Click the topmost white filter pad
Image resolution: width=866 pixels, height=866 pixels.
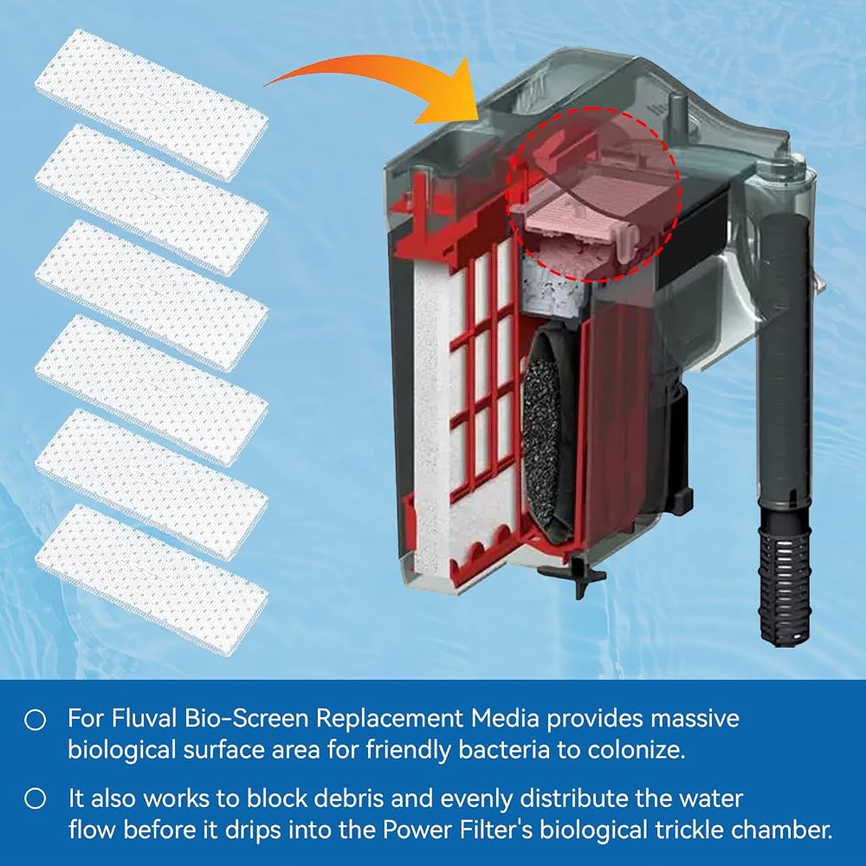pyautogui.click(x=152, y=104)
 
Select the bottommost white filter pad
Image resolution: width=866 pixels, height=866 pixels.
pyautogui.click(x=152, y=578)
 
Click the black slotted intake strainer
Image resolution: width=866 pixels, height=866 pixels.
pyautogui.click(x=785, y=574)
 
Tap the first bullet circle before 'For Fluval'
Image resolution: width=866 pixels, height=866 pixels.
pyautogui.click(x=36, y=720)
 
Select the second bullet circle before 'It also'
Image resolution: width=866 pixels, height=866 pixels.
pyautogui.click(x=36, y=799)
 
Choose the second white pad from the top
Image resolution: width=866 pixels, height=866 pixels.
pyautogui.click(x=152, y=199)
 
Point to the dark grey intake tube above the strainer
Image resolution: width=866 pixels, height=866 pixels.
pyautogui.click(x=785, y=359)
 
